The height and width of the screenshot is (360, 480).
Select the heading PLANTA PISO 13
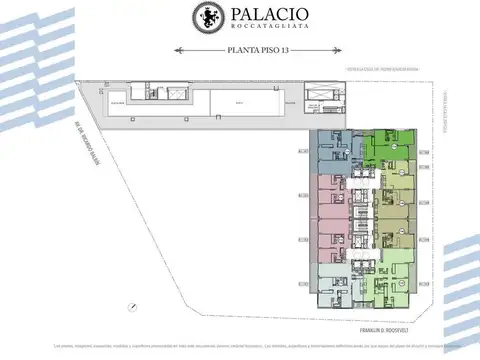pos(240,48)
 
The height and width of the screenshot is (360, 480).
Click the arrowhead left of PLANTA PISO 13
pos(177,48)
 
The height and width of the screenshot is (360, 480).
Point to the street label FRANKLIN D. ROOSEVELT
pos(386,326)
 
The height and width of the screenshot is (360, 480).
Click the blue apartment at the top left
pos(331,150)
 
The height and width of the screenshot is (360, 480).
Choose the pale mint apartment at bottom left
pos(332,279)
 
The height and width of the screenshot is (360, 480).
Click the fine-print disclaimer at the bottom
pos(240,348)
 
